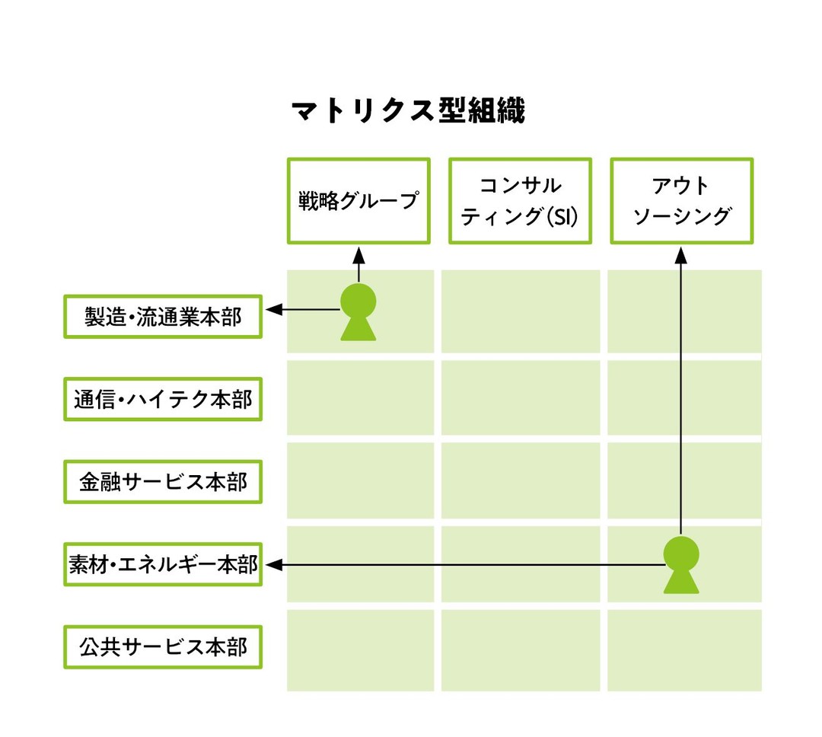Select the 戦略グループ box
point(358,201)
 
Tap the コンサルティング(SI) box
point(520,201)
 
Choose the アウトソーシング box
point(682,201)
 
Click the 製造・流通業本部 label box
point(163,317)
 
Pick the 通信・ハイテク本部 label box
point(163,399)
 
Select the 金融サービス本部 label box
point(163,481)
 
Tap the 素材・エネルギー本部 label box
point(163,564)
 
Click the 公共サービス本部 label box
point(163,647)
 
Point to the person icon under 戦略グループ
point(358,311)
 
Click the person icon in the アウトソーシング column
point(681,564)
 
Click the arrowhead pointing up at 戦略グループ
point(358,253)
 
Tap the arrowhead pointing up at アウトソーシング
point(681,253)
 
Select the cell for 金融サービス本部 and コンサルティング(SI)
point(520,481)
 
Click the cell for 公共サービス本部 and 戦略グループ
point(360,650)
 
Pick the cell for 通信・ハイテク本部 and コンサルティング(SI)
point(520,398)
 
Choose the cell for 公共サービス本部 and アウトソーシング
point(684,650)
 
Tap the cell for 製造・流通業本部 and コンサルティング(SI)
point(520,311)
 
